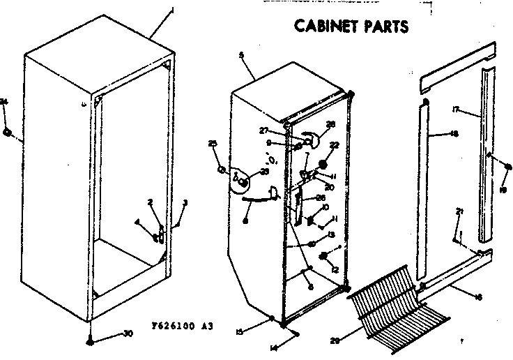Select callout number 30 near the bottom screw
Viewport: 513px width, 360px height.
tap(127, 333)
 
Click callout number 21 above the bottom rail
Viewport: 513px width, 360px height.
tap(458, 211)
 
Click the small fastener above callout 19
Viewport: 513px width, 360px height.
tap(509, 167)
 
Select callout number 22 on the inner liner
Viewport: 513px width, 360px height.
tap(334, 146)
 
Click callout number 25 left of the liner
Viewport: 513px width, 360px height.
tap(213, 144)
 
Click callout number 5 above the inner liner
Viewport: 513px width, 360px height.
tap(241, 54)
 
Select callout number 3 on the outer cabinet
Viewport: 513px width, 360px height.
tap(185, 203)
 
